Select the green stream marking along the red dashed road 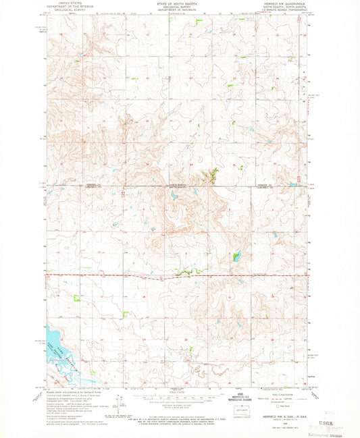(180, 273)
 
